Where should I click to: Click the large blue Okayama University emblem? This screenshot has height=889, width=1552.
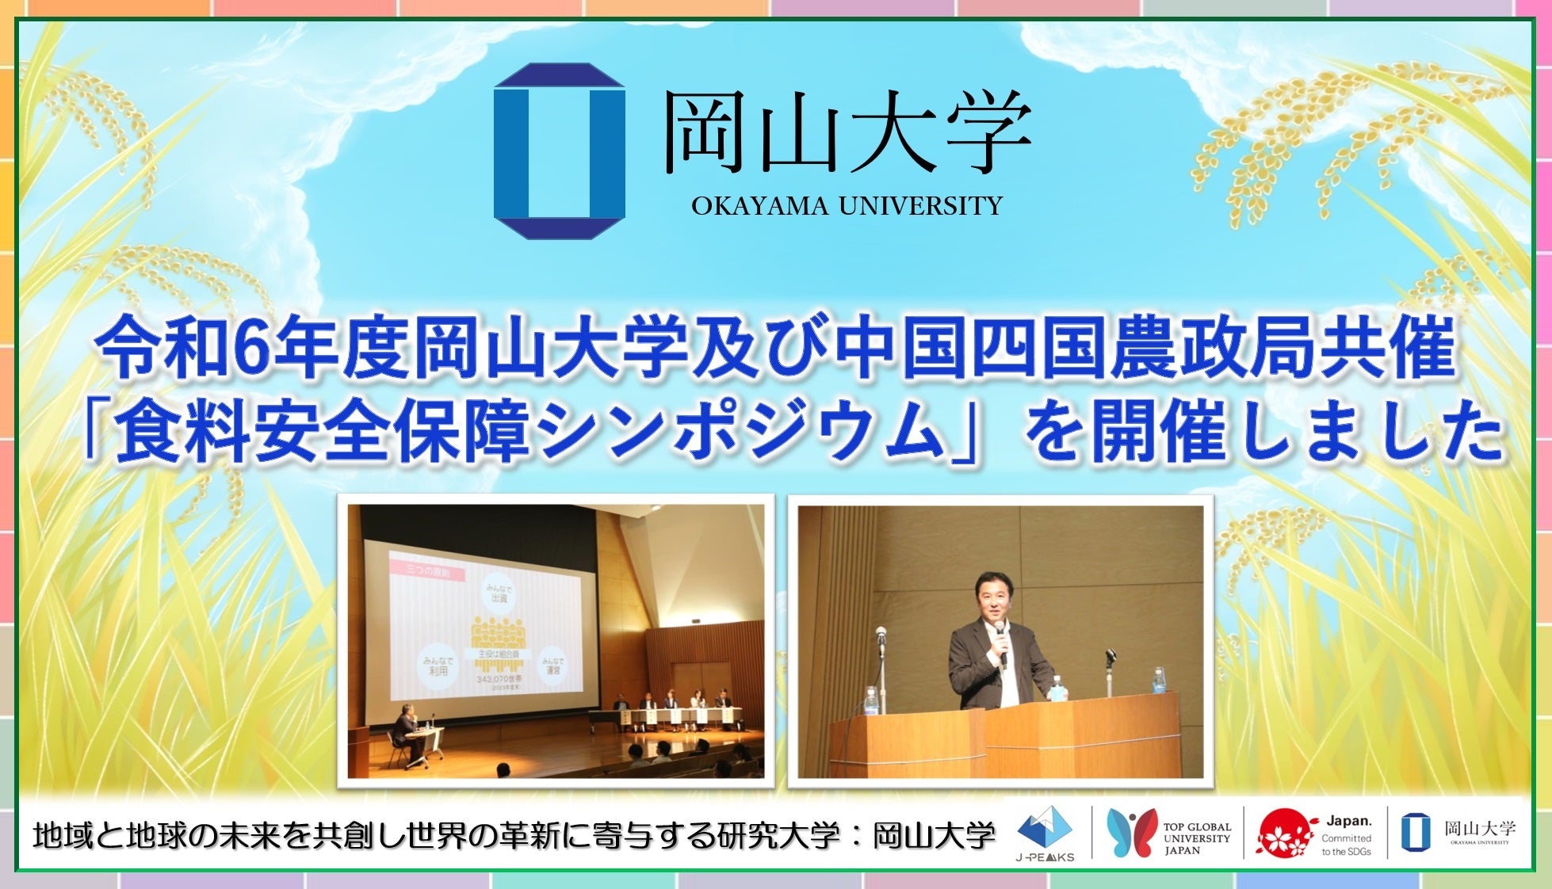click(x=559, y=151)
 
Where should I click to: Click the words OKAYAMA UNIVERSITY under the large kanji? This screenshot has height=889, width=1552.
click(x=847, y=207)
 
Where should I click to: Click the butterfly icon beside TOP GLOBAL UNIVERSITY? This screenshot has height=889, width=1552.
click(x=1130, y=833)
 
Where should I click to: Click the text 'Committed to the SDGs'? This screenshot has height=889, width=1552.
click(x=1345, y=845)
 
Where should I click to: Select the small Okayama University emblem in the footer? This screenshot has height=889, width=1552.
click(x=1410, y=833)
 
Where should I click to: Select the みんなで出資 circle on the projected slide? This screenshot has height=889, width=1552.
click(x=499, y=593)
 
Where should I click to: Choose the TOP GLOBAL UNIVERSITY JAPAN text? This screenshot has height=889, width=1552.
click(x=1197, y=838)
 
